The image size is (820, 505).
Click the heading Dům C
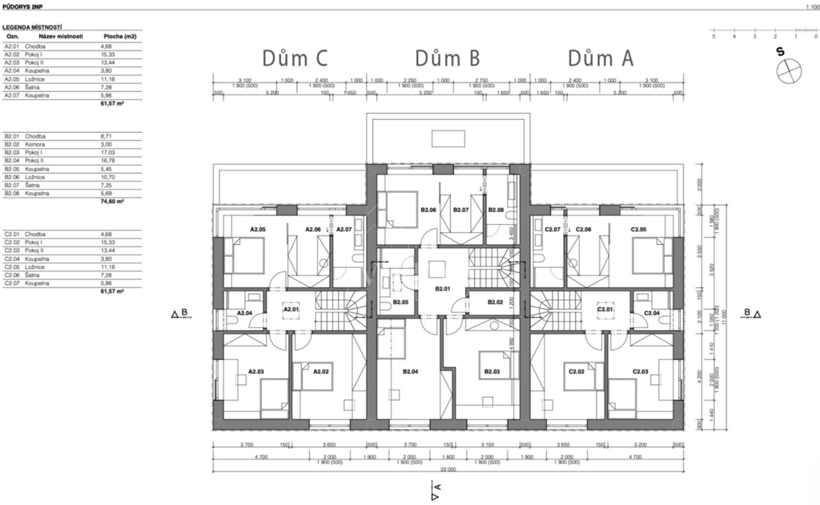point(295,58)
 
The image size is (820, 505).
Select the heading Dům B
point(448,58)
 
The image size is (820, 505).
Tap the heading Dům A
point(601,58)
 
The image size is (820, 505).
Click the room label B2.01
point(443,289)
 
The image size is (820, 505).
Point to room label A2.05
point(257,230)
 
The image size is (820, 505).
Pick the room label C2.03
point(641,371)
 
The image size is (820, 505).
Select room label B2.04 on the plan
point(412,371)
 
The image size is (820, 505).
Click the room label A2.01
point(291,309)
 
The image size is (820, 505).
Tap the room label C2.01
point(605,309)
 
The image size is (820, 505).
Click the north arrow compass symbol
point(788,70)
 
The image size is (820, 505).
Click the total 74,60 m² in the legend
point(112,202)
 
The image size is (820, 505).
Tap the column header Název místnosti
point(64,37)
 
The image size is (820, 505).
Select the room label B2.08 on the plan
point(496,210)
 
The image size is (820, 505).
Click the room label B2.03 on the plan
point(491,371)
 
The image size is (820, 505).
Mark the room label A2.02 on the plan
point(321,371)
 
